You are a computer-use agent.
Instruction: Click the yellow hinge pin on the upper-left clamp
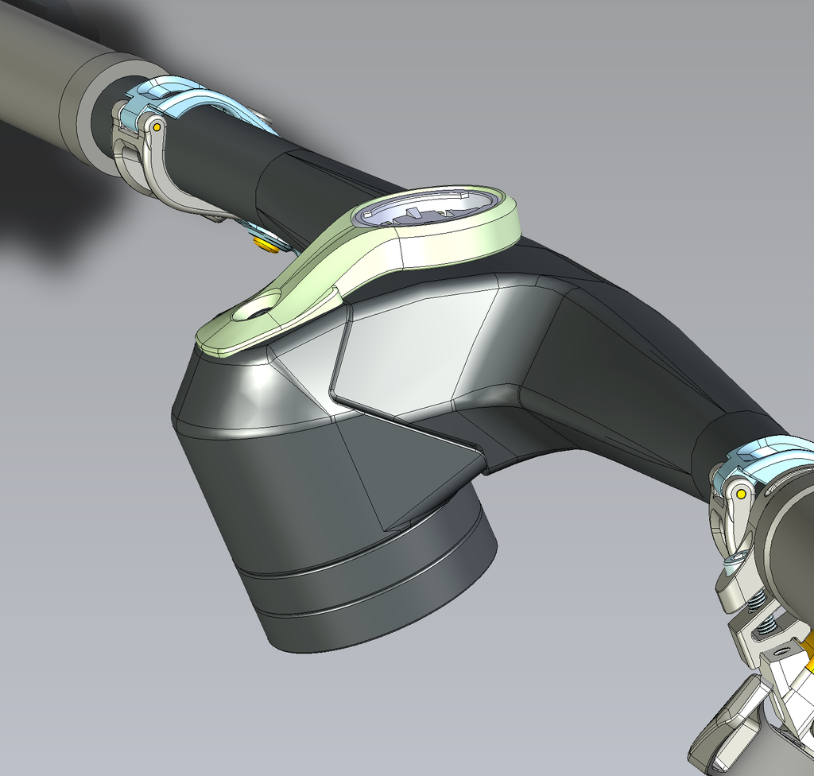(157, 126)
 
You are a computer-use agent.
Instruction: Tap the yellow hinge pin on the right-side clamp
(741, 494)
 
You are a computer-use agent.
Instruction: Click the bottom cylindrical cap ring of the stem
(382, 612)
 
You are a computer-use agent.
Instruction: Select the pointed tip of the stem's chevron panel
(332, 391)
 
